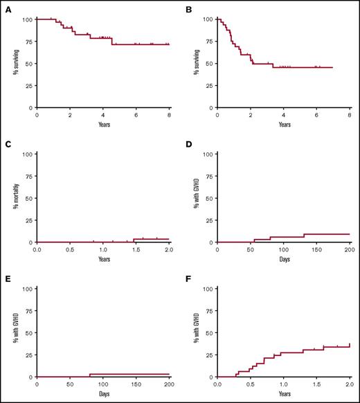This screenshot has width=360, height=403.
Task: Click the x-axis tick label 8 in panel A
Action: (169, 116)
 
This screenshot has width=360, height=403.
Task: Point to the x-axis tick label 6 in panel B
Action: (316, 116)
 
